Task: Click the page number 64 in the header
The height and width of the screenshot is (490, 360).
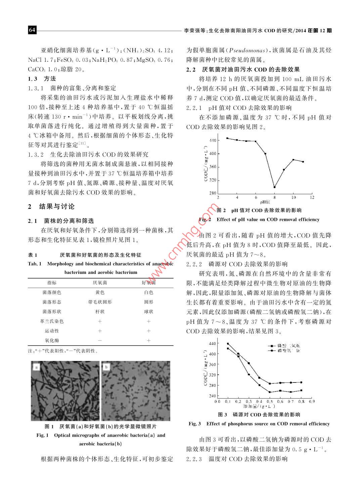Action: pos(32,30)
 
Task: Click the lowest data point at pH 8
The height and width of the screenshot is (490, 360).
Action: pos(274,187)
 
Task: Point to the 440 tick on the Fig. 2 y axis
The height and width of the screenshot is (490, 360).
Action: pos(213,140)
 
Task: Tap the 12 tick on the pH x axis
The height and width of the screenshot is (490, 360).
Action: pos(312,197)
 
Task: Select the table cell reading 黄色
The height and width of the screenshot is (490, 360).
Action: pos(100,293)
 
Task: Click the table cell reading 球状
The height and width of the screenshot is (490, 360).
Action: pos(148,312)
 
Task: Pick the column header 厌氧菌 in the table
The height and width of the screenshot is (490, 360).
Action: pos(100,283)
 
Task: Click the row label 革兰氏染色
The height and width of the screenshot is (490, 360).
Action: pos(52,321)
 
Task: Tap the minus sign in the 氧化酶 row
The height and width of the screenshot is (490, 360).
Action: pos(100,340)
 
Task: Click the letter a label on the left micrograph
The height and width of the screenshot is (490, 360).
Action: pos(37,367)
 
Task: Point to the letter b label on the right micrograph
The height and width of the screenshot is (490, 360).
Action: pos(107,367)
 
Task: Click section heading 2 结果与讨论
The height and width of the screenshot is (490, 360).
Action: pos(51,206)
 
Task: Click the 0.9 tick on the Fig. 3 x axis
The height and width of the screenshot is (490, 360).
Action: pos(312,401)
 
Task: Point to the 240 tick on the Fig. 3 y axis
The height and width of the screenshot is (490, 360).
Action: pos(212,396)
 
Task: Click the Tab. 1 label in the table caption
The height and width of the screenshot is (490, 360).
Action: pos(34,264)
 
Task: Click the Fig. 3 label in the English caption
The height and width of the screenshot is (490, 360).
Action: pos(195,424)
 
